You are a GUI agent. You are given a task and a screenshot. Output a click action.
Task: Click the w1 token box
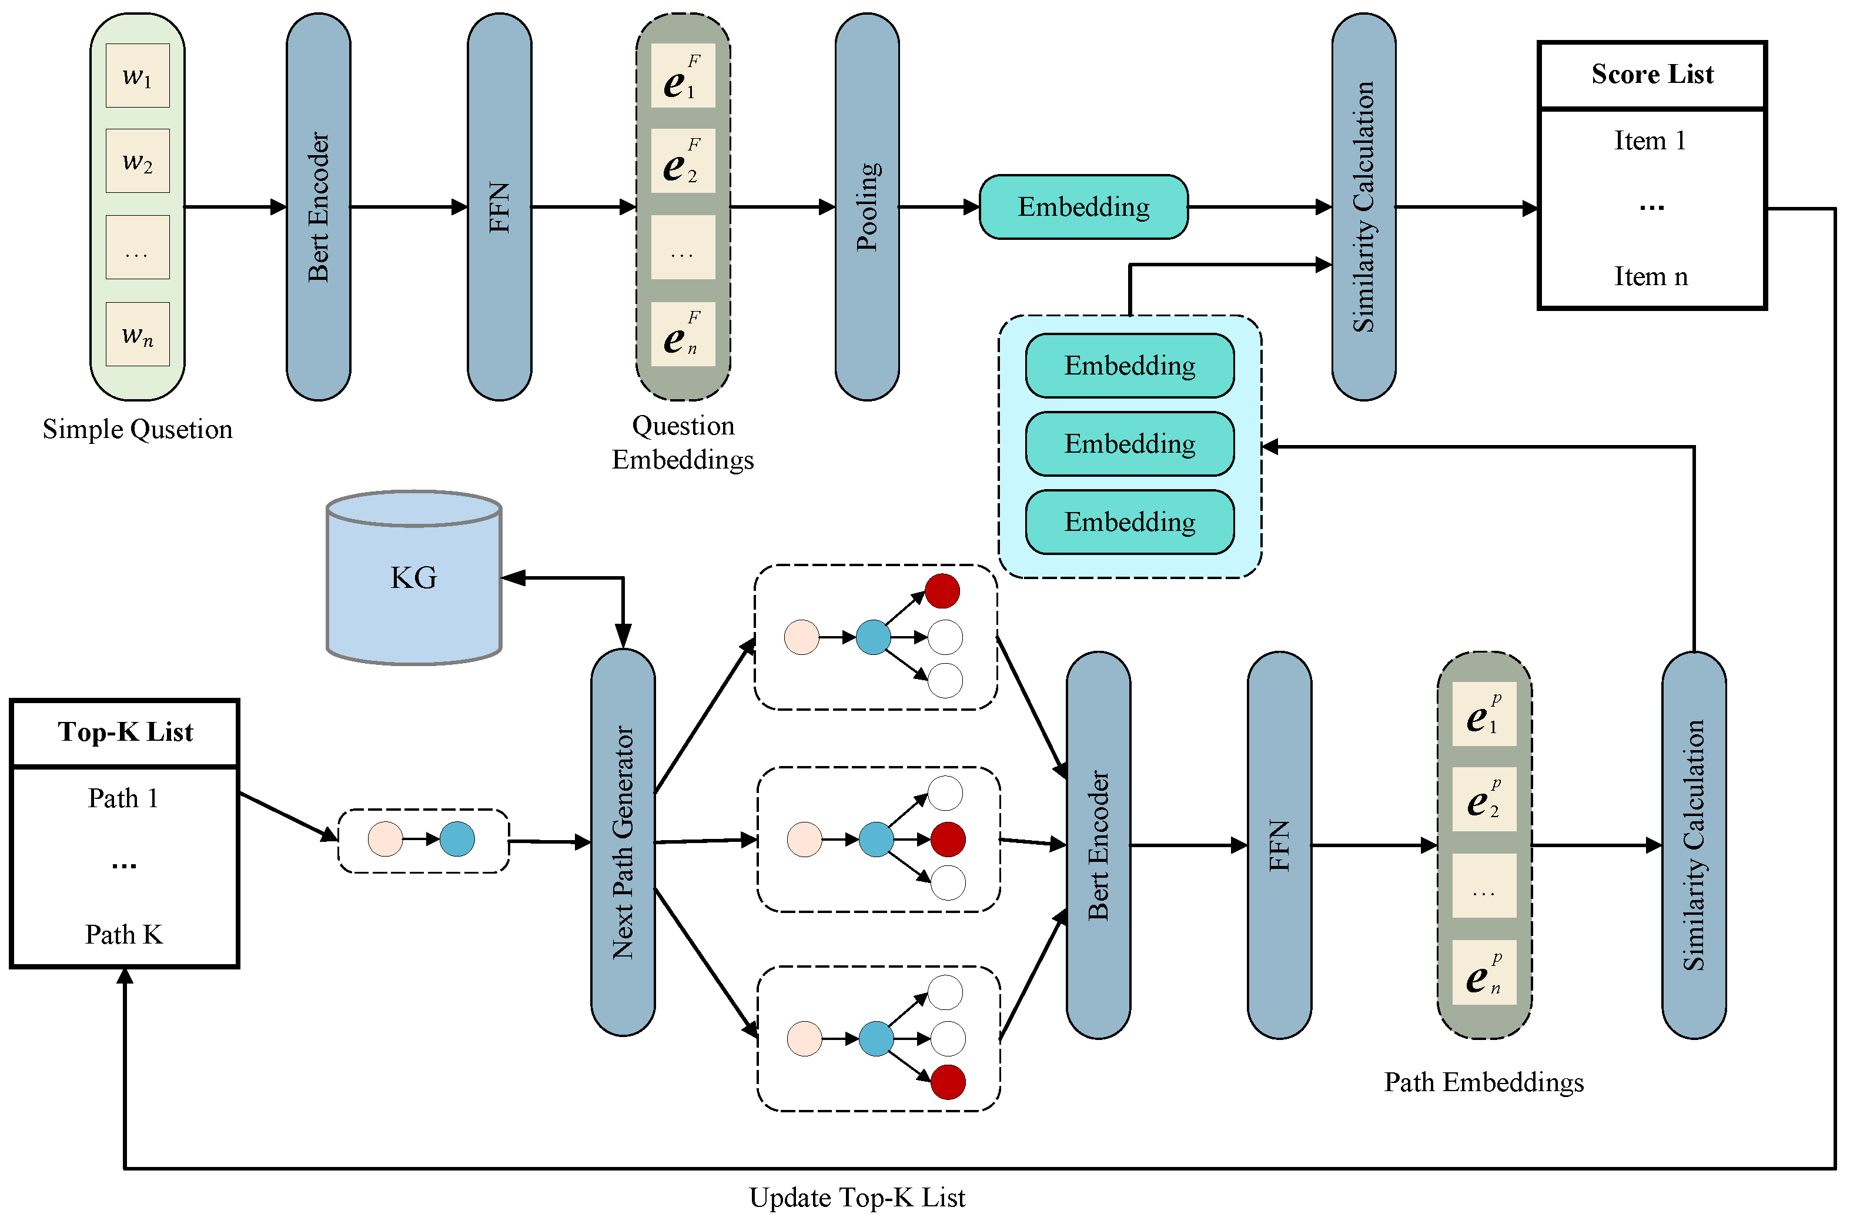[x=138, y=76]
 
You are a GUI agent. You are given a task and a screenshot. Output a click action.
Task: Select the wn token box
[x=138, y=335]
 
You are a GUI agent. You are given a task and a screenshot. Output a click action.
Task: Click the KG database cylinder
[x=413, y=578]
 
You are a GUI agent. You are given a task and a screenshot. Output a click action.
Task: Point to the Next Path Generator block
[x=623, y=842]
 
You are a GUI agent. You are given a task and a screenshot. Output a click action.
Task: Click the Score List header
[x=1651, y=74]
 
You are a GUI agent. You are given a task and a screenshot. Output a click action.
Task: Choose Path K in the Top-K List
[x=123, y=934]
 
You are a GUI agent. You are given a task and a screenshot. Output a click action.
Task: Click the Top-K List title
[x=125, y=731]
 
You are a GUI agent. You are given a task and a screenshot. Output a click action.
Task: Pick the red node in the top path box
[x=942, y=591]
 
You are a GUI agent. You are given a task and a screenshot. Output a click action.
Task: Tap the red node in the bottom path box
[x=948, y=1082]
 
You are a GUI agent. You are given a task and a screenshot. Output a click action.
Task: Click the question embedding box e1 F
[x=683, y=76]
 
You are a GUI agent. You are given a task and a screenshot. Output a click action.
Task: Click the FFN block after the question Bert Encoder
[x=499, y=207]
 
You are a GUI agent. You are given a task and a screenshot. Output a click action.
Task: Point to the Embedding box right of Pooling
[x=1083, y=207]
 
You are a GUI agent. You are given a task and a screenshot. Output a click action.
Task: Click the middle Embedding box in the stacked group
[x=1129, y=444]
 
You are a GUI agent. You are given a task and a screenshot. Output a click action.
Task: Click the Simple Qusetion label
[x=138, y=429]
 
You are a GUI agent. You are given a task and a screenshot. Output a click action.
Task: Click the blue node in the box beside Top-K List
[x=457, y=840]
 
